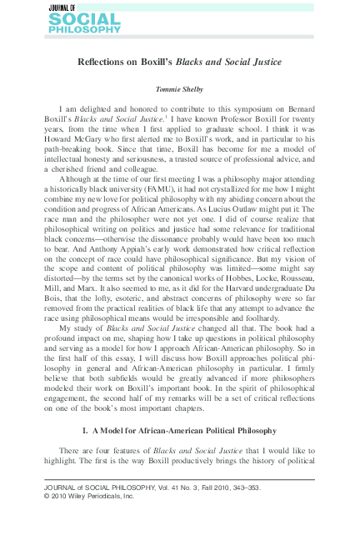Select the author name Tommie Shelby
click(179, 87)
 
